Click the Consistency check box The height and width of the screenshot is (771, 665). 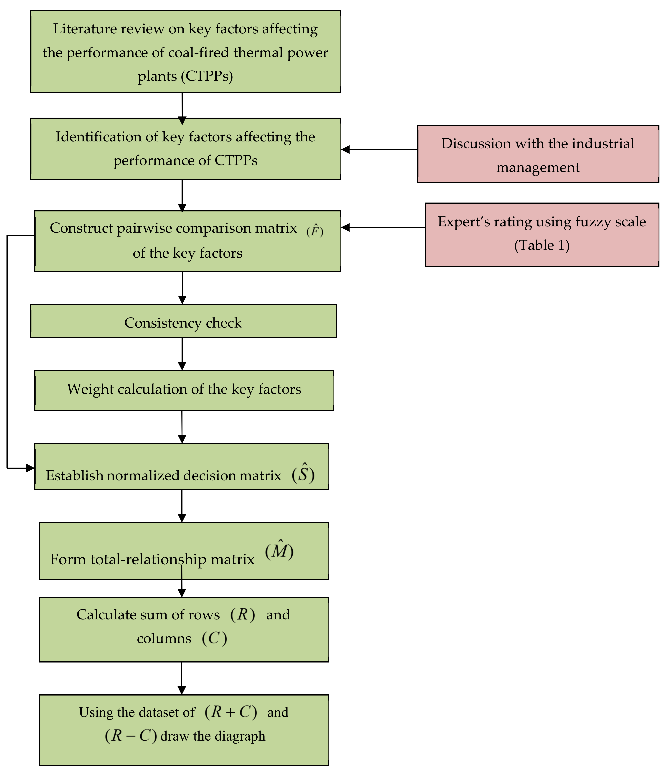183,323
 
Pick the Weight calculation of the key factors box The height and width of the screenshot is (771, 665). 184,389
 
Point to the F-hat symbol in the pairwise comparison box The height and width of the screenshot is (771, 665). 315,231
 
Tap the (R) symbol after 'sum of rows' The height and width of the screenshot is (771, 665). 243,614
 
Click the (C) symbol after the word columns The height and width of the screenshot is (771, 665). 214,639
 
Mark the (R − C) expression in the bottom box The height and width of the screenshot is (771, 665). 131,736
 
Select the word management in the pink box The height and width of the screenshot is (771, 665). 538,167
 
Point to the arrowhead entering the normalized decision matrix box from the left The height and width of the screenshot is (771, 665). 30,468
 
